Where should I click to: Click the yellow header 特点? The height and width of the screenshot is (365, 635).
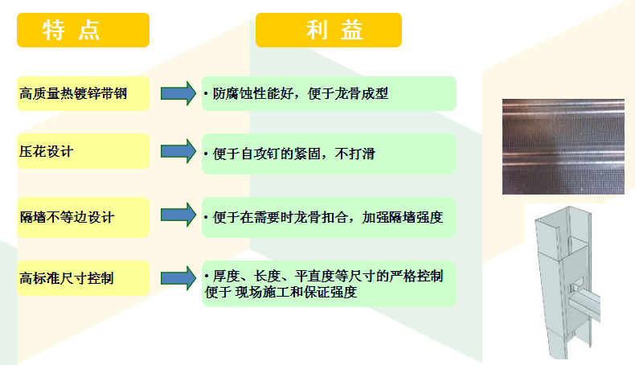tap(83, 30)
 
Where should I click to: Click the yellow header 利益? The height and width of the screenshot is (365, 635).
tap(329, 30)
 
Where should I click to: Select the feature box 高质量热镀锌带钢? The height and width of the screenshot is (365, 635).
tap(83, 93)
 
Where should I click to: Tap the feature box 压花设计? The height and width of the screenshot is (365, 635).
tap(83, 151)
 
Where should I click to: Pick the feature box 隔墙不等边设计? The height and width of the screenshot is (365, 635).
tap(83, 217)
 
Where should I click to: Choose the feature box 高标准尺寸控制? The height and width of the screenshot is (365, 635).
tap(83, 278)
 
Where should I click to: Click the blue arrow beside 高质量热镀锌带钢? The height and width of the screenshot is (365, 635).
tap(178, 93)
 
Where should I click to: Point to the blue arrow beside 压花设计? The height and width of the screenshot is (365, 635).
tap(178, 151)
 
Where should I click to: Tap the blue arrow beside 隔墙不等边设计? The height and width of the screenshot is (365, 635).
tap(178, 215)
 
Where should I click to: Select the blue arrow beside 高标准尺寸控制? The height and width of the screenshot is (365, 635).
tap(178, 278)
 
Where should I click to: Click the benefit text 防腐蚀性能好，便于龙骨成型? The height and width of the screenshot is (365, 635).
tap(301, 93)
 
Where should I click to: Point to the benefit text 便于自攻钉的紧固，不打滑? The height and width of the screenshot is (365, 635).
tap(294, 154)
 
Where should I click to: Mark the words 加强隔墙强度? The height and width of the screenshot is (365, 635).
tap(403, 217)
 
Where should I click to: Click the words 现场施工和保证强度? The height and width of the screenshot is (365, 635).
tap(296, 292)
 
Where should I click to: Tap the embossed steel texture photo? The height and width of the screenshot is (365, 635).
tap(563, 146)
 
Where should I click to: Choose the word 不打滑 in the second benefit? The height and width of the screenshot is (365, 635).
tap(355, 154)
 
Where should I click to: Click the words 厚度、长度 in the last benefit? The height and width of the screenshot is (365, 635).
tap(247, 276)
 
